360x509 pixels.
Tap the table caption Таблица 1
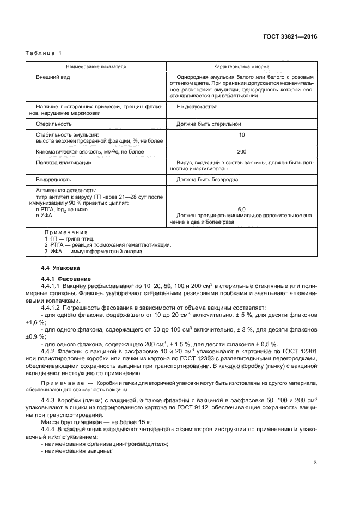tap(44, 53)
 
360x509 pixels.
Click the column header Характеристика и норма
tap(241, 66)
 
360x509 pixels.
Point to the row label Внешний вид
tap(53, 77)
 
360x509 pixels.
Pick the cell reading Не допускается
tap(197, 107)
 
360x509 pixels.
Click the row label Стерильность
tap(54, 125)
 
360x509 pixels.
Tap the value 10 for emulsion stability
tap(241, 134)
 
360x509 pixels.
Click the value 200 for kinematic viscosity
tap(241, 152)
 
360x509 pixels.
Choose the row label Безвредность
tap(53, 179)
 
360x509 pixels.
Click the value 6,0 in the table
tap(241, 209)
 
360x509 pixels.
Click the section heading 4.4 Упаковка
tap(60, 268)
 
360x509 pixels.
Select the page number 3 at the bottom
tap(315, 463)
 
